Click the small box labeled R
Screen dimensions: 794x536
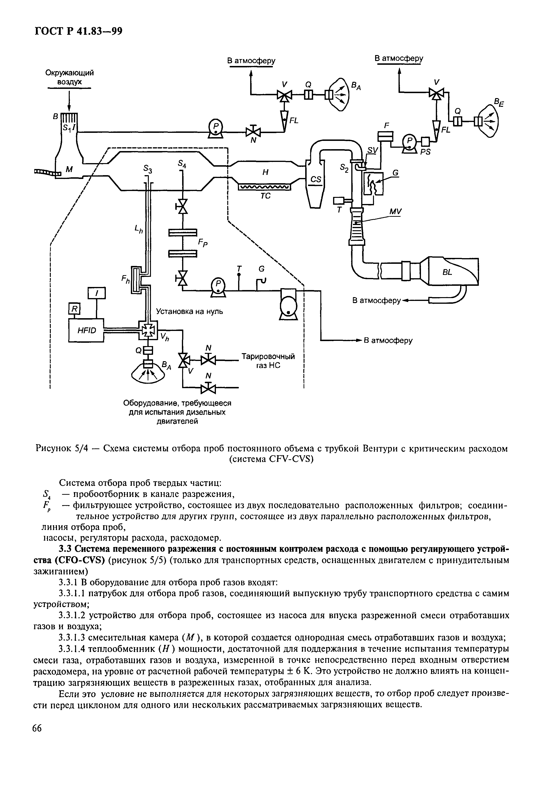point(74,309)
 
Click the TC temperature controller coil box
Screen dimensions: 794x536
point(264,187)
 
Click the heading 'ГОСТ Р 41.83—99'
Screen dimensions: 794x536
point(78,31)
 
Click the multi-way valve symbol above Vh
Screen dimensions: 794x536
point(148,330)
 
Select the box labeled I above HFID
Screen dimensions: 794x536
point(97,293)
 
